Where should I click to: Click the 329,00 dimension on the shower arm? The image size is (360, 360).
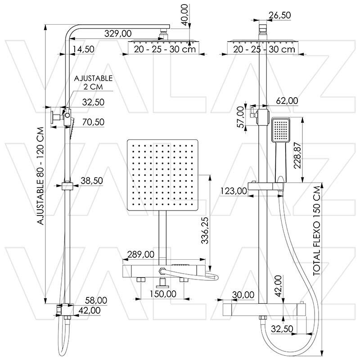pyautogui.click(x=118, y=33)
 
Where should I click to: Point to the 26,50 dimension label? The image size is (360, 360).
pyautogui.click(x=279, y=15)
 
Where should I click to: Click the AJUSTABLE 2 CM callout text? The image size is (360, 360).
pyautogui.click(x=93, y=82)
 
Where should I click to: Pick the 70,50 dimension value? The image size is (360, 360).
pyautogui.click(x=93, y=121)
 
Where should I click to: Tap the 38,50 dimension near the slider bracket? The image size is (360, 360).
pyautogui.click(x=92, y=180)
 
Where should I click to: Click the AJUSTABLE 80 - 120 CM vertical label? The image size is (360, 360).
pyautogui.click(x=40, y=175)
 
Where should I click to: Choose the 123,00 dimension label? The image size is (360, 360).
pyautogui.click(x=234, y=191)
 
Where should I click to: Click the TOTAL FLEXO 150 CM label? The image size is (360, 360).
pyautogui.click(x=318, y=229)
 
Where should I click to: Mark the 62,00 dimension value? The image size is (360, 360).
pyautogui.click(x=286, y=101)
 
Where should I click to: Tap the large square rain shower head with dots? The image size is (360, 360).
pyautogui.click(x=162, y=175)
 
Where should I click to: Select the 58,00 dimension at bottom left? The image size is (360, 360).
pyautogui.click(x=96, y=300)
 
